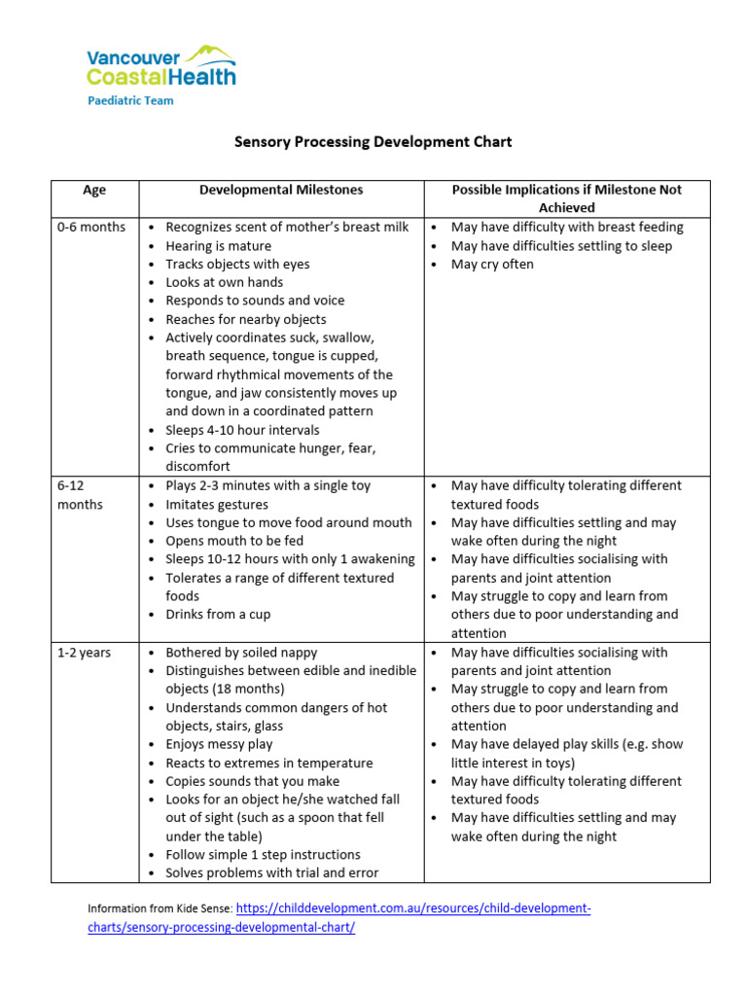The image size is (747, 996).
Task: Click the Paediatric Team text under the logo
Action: [130, 101]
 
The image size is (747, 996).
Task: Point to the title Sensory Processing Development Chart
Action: [373, 142]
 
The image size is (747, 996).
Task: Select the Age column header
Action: [94, 190]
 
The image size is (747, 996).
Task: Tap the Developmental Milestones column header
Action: [281, 190]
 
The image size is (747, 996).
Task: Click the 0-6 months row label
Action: [91, 228]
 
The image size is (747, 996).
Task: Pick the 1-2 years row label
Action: [84, 653]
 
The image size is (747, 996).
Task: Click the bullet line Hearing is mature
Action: [218, 246]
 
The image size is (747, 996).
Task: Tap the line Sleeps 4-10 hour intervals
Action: [242, 430]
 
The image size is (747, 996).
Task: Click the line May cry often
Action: [492, 265]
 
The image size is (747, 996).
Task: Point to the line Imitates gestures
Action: [217, 504]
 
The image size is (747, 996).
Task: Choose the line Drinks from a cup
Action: [218, 615]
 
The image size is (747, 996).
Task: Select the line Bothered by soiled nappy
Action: [240, 653]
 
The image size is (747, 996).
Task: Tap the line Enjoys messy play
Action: [219, 745]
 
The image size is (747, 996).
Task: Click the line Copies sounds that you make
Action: [253, 782]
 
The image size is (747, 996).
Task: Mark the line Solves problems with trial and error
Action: [271, 873]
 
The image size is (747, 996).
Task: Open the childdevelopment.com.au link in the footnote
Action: [413, 908]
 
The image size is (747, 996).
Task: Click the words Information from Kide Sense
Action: [160, 909]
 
